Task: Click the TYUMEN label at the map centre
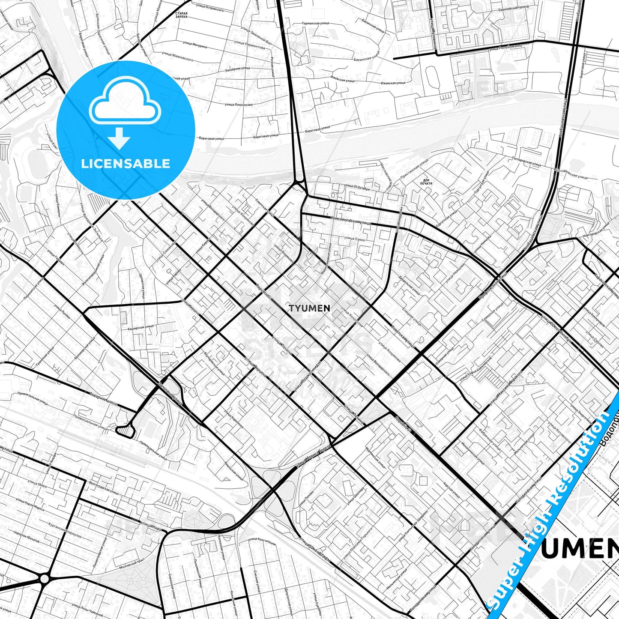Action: [x=309, y=308]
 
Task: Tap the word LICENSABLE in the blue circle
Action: [x=126, y=164]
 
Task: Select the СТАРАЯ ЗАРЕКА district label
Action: [x=181, y=15]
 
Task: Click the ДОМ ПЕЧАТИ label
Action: [x=427, y=182]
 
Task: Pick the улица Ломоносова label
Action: [x=239, y=104]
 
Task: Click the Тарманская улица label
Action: [x=315, y=23]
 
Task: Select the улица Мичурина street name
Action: [x=195, y=45]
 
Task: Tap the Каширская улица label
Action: [x=141, y=327]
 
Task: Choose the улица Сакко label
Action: [x=354, y=239]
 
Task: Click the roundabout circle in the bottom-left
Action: [x=45, y=579]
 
